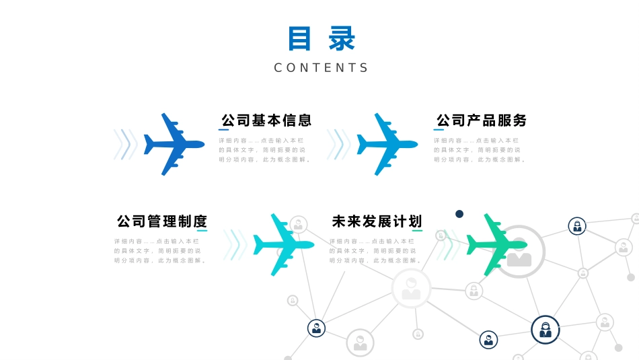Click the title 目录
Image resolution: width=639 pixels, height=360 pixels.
(x=322, y=39)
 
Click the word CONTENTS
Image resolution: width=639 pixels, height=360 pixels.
(x=322, y=67)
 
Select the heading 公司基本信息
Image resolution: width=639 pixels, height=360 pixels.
(x=266, y=120)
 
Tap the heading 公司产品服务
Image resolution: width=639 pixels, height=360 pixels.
(x=482, y=120)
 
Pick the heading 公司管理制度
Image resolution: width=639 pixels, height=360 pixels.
(x=162, y=221)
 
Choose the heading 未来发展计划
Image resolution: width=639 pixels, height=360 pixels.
(x=377, y=221)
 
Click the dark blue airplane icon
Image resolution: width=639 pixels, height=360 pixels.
(x=174, y=144)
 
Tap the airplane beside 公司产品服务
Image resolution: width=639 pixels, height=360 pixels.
(x=386, y=144)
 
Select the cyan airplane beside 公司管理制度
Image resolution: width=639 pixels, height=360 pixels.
(x=283, y=245)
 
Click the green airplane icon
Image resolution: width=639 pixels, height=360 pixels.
(x=496, y=245)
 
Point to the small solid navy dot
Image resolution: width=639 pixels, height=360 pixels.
(x=459, y=214)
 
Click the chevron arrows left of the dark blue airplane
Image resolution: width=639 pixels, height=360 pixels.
(x=125, y=144)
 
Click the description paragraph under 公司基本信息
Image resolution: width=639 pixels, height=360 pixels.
(x=264, y=150)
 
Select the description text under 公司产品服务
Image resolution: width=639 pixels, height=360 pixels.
(x=479, y=150)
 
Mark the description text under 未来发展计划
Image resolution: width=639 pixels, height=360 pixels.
(x=375, y=250)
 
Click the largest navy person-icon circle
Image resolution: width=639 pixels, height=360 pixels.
(x=545, y=330)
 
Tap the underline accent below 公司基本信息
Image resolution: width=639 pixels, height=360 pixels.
(x=224, y=130)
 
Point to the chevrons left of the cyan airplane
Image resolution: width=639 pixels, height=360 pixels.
(x=235, y=245)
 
